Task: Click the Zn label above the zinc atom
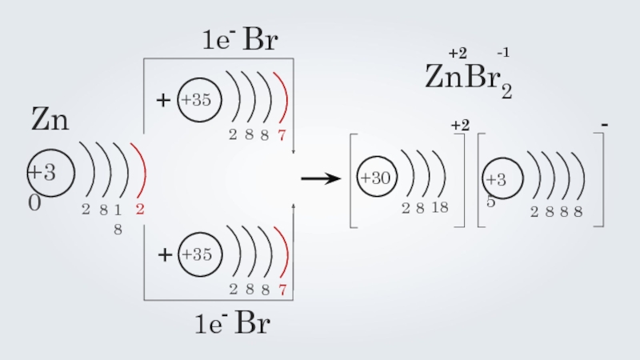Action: (50, 122)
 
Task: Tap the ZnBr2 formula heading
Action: (467, 78)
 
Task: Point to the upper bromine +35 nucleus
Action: (197, 101)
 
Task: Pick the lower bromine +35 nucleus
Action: (197, 255)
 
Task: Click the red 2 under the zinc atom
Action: (139, 210)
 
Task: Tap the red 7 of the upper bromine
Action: (282, 135)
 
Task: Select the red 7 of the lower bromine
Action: (282, 289)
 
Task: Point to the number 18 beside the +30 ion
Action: (439, 209)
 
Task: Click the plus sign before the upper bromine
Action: (164, 101)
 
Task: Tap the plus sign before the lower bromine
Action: (164, 255)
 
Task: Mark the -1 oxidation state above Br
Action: (503, 53)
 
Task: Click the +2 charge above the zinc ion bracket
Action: (459, 125)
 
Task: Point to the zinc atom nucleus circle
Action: (51, 172)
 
